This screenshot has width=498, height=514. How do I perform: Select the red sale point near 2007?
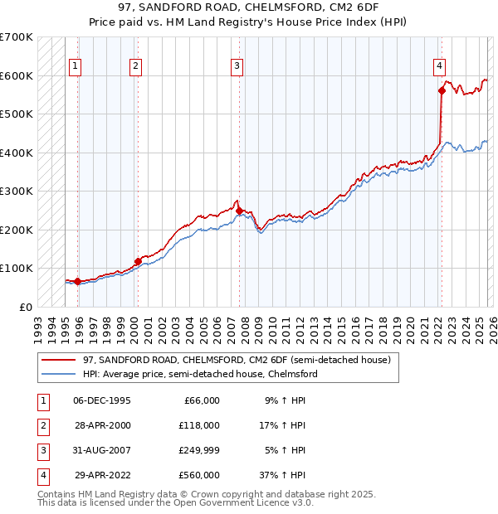tap(239, 211)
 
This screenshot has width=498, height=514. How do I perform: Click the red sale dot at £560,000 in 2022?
tap(441, 91)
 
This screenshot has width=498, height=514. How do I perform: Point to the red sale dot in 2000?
tap(138, 261)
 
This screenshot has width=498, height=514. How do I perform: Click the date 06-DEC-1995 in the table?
tap(102, 400)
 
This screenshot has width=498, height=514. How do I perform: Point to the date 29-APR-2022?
tap(102, 475)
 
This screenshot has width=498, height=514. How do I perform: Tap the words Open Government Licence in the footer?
tap(248, 502)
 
